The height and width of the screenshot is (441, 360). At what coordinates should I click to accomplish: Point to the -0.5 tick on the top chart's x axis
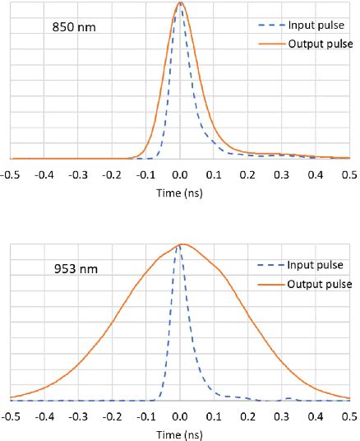[x=11, y=174]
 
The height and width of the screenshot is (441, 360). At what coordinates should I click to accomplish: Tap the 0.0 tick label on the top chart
[x=181, y=174]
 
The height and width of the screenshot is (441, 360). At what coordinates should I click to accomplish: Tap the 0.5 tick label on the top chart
[x=349, y=174]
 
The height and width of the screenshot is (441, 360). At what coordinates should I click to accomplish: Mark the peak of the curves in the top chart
[x=180, y=3]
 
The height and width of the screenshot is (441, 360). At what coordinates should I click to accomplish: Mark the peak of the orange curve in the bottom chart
[x=183, y=244]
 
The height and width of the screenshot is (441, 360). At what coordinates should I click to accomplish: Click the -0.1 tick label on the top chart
[x=146, y=174]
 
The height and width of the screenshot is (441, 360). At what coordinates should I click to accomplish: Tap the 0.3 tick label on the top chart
[x=282, y=174]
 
